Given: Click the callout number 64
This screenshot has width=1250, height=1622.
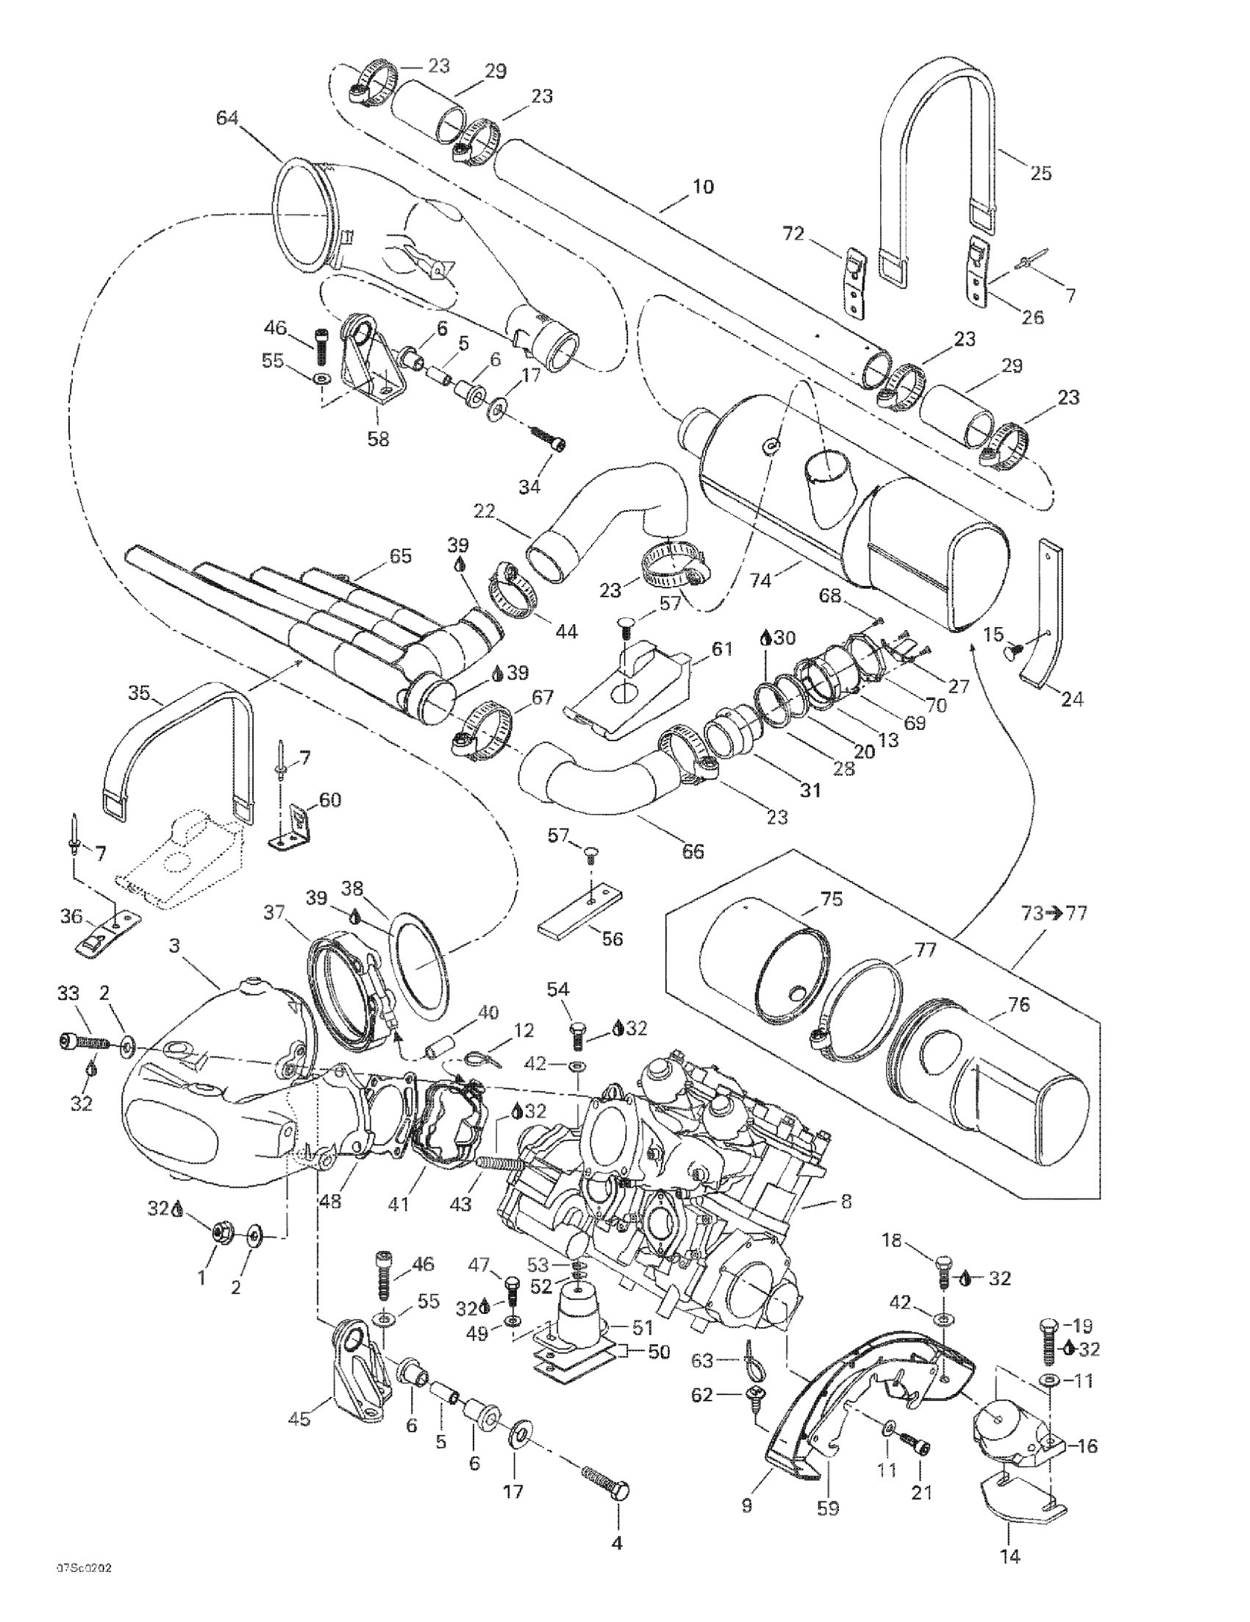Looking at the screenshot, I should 228,118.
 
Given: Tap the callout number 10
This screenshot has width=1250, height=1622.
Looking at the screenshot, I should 702,187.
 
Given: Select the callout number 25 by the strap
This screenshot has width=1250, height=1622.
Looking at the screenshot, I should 1040,173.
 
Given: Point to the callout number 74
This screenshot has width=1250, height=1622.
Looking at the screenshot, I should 760,580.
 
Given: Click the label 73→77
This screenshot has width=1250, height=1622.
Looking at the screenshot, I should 1053,912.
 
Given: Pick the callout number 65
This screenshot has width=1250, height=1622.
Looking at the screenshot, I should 400,557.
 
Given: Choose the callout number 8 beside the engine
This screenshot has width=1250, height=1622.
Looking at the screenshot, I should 846,1201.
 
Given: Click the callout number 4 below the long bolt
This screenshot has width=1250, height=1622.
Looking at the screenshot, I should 616,1543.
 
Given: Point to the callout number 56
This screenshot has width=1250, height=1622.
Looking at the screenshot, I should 612,939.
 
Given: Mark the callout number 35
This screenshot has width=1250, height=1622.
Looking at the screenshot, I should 138,693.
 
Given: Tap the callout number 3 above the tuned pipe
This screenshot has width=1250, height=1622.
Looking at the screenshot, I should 175,946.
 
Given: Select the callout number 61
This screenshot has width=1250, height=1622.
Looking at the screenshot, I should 721,649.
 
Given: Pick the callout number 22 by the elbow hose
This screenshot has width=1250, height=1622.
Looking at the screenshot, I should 484,512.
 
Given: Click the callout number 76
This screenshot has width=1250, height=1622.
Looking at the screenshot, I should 1019,1004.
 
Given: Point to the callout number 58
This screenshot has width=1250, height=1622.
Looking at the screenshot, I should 378,439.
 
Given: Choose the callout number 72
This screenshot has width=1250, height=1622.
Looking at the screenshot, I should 793,234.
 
